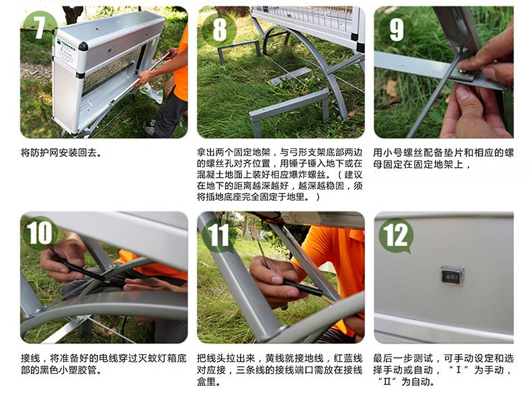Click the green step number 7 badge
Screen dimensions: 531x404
pos(40,27)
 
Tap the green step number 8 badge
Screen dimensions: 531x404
pos(218,30)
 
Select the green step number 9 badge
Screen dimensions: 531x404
pos(396,30)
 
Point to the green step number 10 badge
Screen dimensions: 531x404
pos(40,233)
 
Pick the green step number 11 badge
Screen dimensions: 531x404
pos(218,235)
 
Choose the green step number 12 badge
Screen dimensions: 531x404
pos(396,235)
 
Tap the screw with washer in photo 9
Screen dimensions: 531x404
pos(462,71)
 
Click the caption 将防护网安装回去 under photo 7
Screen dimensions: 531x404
pos(61,153)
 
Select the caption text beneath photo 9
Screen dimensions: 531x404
pos(444,158)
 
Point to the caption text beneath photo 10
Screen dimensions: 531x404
pos(104,364)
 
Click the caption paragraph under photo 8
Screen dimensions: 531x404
pos(280,174)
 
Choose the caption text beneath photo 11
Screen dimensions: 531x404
pos(280,370)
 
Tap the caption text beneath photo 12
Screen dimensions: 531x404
pos(444,370)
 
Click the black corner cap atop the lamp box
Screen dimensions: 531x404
pos(83,46)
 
